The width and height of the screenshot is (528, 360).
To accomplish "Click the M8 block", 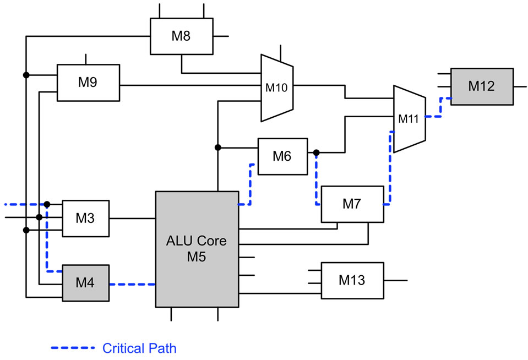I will [181, 36].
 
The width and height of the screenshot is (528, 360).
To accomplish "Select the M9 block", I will [88, 83].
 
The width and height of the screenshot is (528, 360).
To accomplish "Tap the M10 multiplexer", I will [277, 87].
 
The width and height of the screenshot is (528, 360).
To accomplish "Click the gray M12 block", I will [482, 86].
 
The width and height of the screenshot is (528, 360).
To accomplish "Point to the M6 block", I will [282, 156].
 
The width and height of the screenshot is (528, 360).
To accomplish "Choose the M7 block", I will [351, 204].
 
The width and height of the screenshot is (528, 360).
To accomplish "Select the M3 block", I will [85, 218].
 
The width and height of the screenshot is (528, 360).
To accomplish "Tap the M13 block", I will [351, 280].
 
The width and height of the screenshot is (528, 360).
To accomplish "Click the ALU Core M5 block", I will [197, 249].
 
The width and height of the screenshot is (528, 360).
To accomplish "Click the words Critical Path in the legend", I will [139, 348].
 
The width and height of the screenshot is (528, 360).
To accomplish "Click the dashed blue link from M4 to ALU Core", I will [132, 285].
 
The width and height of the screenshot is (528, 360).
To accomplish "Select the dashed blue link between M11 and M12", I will [438, 108].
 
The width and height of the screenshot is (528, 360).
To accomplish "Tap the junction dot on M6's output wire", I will [317, 152].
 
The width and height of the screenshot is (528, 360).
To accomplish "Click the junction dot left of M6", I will [218, 147].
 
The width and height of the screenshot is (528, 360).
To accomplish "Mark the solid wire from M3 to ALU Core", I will [132, 218].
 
